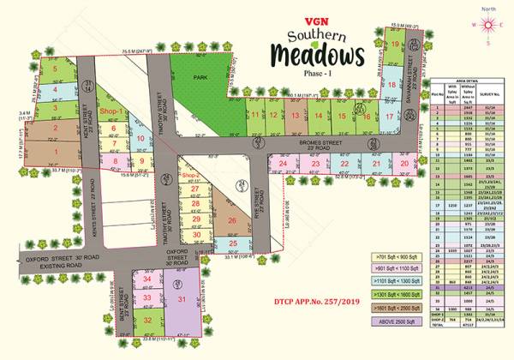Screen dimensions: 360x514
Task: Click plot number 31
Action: pyautogui.click(x=181, y=298)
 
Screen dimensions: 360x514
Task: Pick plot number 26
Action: pyautogui.click(x=231, y=220)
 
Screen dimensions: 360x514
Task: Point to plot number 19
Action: pyautogui.click(x=393, y=44)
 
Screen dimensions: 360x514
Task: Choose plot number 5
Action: pyautogui.click(x=55, y=66)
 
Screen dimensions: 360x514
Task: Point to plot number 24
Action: pyautogui.click(x=282, y=163)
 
